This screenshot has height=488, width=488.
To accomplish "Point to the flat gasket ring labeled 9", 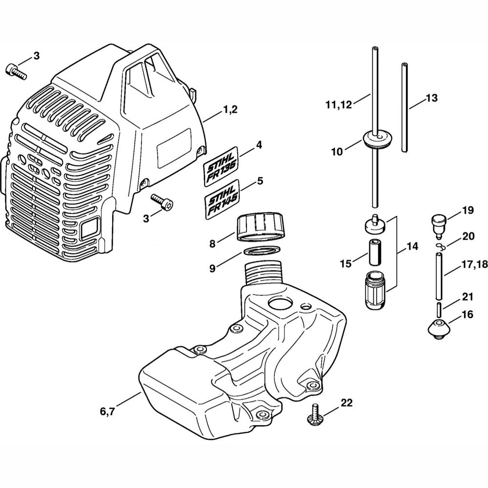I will point(263,250).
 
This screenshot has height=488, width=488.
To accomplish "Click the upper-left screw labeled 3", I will point(16,71).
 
